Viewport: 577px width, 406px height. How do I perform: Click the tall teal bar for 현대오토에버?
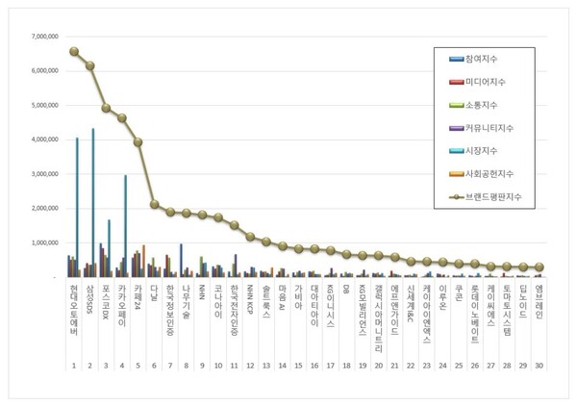77,207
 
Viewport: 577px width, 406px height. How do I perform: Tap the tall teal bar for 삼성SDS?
93,202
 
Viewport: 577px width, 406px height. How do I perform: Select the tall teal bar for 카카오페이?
125,225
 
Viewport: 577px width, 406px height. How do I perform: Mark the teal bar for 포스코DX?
109,247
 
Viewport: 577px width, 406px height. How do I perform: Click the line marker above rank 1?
74,51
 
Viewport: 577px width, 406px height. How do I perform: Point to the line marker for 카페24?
138,141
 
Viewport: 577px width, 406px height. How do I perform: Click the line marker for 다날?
154,204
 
